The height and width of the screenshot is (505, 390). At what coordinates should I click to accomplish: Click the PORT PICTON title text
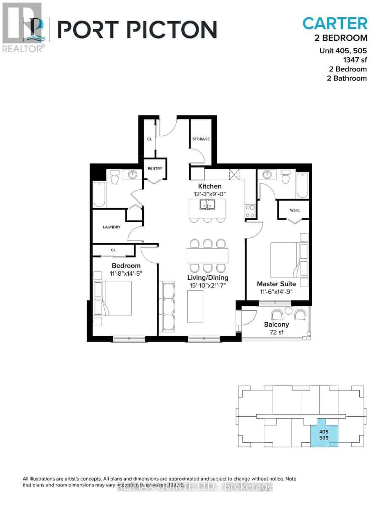click(x=137, y=29)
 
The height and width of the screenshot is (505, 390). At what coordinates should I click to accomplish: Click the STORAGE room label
click(x=201, y=139)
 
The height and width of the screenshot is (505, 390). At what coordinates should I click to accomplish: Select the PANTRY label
click(x=155, y=169)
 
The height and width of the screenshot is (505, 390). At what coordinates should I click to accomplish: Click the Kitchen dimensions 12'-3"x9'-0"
click(x=210, y=194)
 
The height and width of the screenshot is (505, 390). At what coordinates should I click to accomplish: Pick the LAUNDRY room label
click(x=112, y=227)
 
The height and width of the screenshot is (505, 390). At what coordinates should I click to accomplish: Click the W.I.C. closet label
click(x=294, y=210)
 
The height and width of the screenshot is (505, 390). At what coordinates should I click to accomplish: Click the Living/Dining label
click(x=208, y=278)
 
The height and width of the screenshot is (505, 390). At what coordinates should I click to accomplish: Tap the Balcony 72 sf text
click(x=276, y=328)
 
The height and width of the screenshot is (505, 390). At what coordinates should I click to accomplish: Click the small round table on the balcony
click(x=288, y=311)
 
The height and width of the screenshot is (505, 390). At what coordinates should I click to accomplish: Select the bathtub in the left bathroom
click(x=99, y=194)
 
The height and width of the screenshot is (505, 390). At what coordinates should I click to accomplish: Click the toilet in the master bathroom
click(x=286, y=178)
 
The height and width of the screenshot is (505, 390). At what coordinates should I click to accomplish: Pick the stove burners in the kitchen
click(x=249, y=207)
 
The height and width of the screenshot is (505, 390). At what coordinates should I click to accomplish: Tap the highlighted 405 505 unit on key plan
click(x=324, y=434)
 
